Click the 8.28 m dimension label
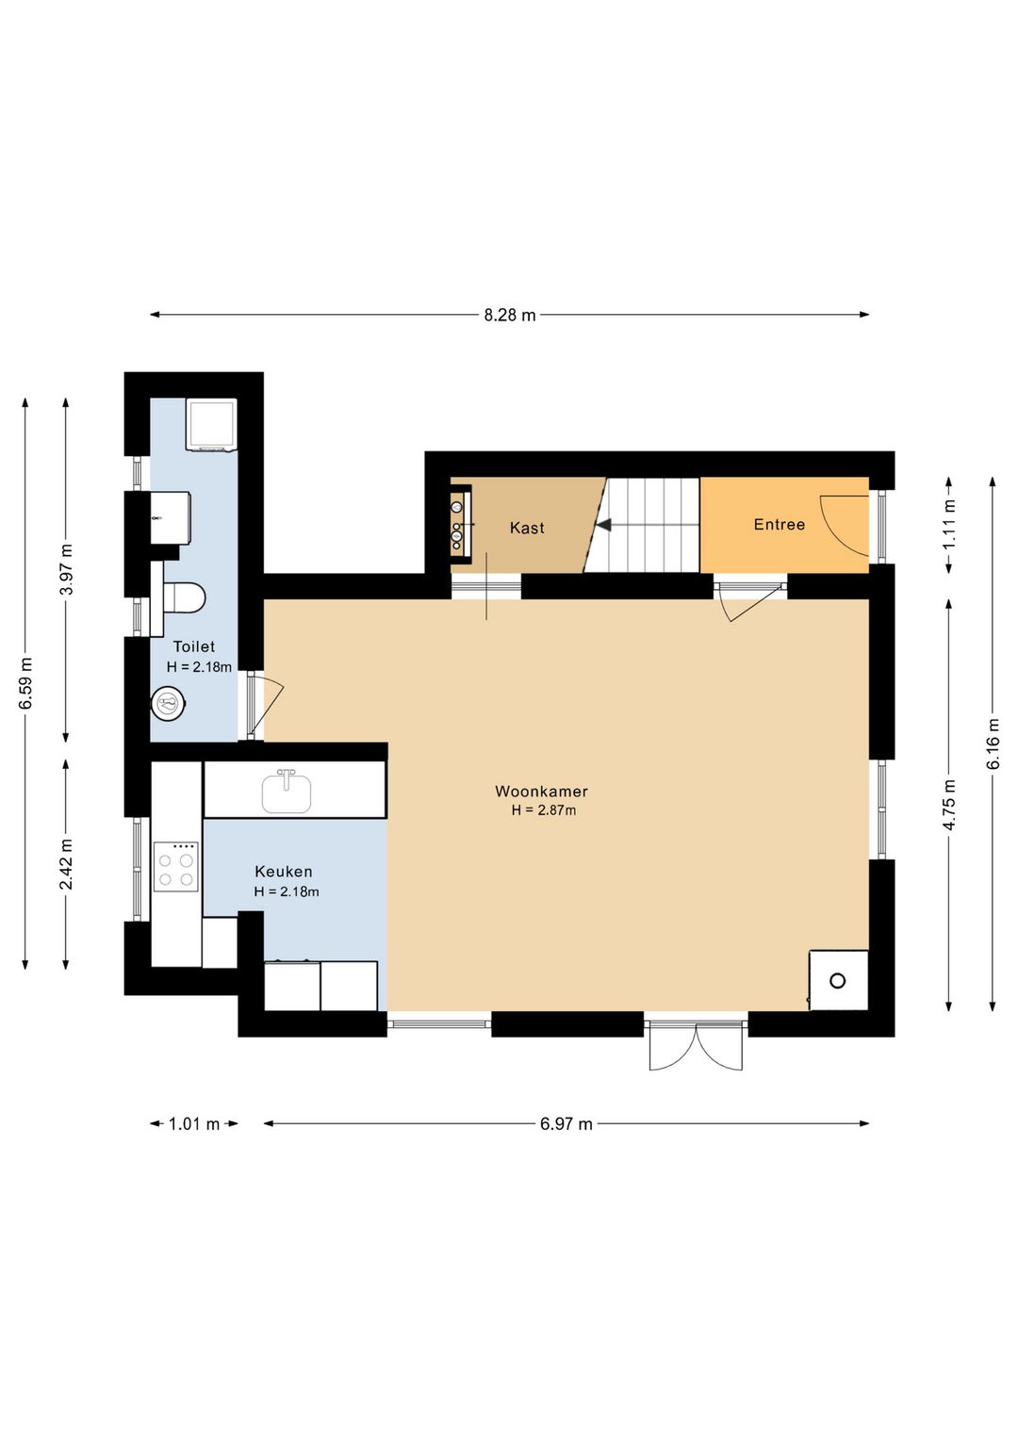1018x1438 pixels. point(509,315)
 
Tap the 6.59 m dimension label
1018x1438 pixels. point(26,683)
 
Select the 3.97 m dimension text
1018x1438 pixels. point(67,569)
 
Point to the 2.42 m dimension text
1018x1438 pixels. point(67,863)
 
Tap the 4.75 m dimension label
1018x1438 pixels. point(949,805)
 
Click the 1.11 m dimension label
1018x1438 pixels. point(949,523)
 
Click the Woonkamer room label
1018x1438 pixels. point(541,792)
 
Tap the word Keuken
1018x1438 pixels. point(283,872)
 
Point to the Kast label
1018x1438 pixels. point(527,528)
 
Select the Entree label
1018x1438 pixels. point(780,525)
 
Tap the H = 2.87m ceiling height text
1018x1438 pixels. point(543,810)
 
